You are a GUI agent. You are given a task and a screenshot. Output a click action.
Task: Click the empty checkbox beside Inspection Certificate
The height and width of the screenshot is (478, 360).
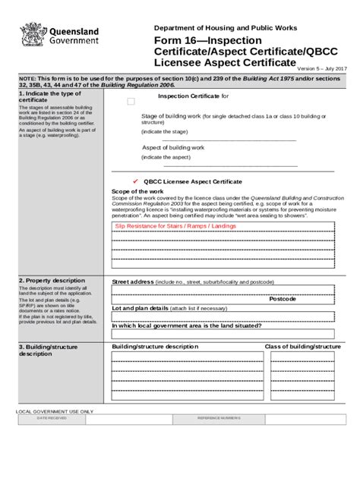pyautogui.click(x=131, y=100)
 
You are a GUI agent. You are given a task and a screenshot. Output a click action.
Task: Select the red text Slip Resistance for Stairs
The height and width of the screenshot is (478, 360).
pyautogui.click(x=175, y=226)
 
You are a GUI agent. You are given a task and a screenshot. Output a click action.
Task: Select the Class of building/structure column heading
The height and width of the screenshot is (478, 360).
pyautogui.click(x=302, y=346)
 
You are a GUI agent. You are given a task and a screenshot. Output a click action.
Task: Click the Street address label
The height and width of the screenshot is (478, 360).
pyautogui.click(x=133, y=281)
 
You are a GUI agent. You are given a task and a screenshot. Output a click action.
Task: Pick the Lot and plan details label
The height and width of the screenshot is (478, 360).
pyautogui.click(x=138, y=309)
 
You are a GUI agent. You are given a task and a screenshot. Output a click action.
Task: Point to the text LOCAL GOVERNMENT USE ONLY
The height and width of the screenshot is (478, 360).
pyautogui.click(x=55, y=410)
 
